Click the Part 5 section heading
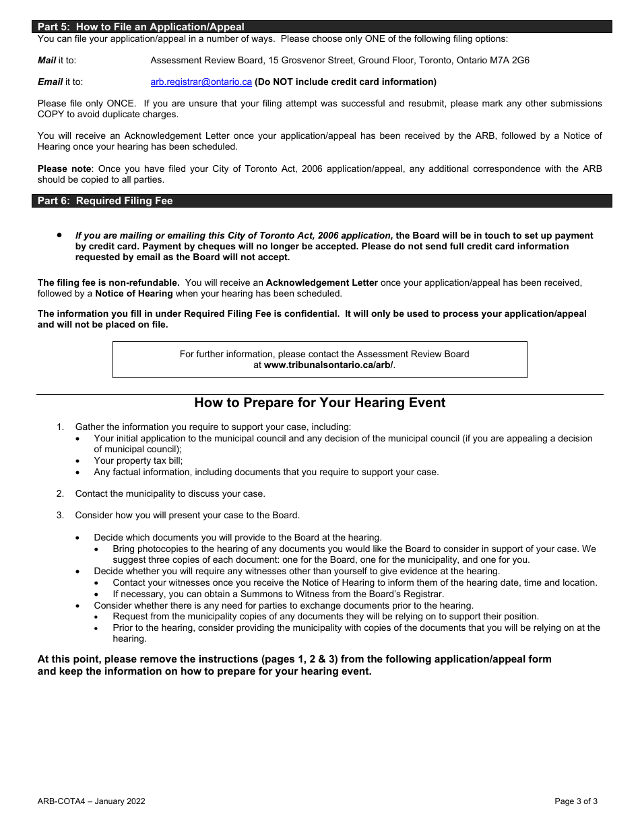(141, 27)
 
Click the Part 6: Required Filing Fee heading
(105, 201)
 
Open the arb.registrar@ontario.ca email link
(201, 82)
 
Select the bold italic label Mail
(46, 61)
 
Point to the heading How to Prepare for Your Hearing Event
(319, 403)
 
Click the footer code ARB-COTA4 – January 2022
(91, 801)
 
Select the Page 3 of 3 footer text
(575, 801)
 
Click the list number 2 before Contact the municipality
(60, 494)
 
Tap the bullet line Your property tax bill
(138, 461)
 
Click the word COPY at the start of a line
(51, 115)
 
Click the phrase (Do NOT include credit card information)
(345, 82)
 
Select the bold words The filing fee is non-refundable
(108, 283)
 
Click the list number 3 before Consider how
(60, 516)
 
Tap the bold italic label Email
(50, 82)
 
